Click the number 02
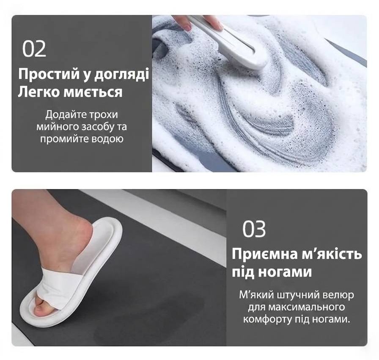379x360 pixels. point(34,49)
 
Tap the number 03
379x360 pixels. point(254,229)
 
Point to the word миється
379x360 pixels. point(93,92)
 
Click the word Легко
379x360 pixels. point(39,93)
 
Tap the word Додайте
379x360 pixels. point(64,114)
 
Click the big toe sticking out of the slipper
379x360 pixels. point(40,310)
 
